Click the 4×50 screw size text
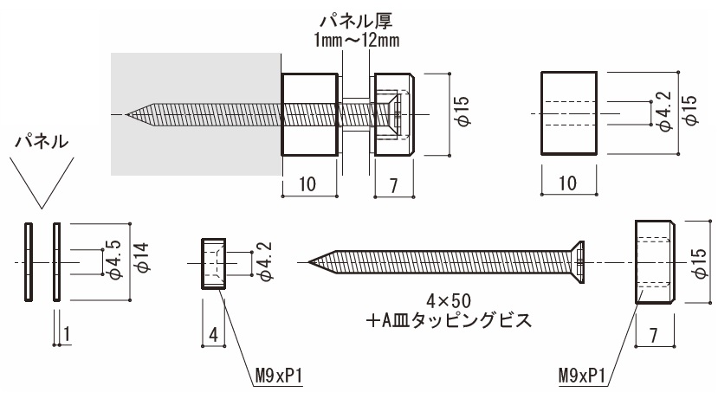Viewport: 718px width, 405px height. click(448, 300)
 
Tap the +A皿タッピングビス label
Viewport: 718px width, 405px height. click(448, 320)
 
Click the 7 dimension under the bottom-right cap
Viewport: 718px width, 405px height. click(654, 333)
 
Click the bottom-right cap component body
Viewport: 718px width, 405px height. click(654, 261)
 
